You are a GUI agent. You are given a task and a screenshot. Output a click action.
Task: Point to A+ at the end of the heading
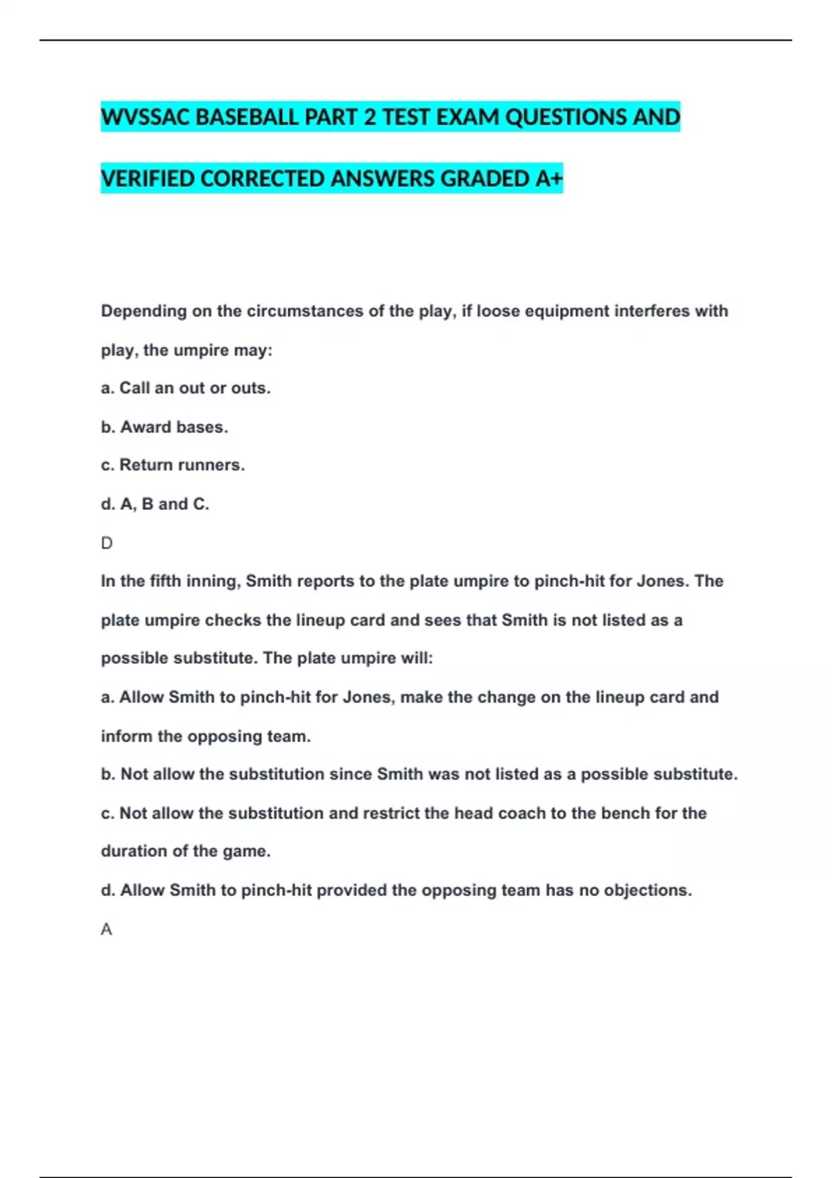pos(548,179)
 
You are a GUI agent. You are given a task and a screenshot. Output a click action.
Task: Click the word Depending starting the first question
pos(144,311)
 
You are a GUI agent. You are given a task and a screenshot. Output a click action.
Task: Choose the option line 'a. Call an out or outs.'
pos(186,388)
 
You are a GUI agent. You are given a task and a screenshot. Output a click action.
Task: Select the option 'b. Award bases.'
pos(164,427)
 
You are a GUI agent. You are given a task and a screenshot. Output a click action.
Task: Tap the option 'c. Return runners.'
pos(173,465)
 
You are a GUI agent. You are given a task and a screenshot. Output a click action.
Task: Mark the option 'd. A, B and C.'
pos(155,504)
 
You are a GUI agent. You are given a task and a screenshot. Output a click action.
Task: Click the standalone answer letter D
pos(107,543)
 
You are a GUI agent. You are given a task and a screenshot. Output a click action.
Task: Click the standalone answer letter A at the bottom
pos(106,929)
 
